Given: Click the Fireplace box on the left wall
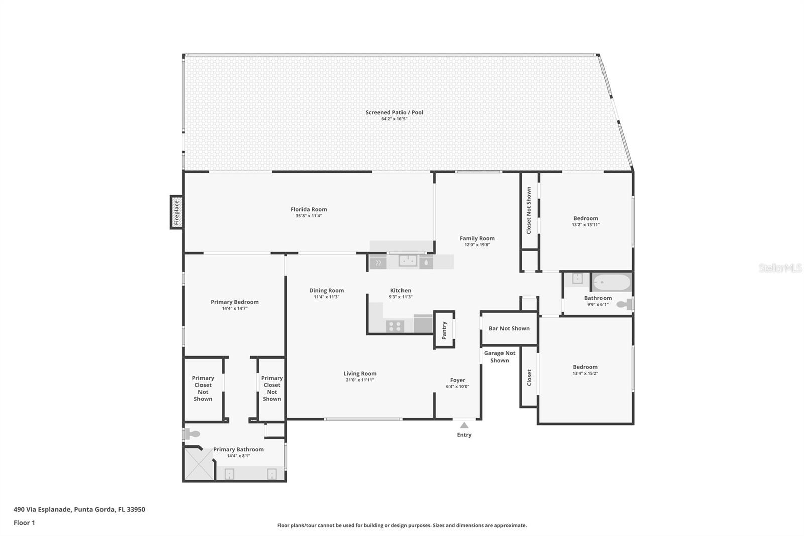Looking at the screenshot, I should point(176,212).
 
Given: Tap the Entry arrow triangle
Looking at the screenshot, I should point(464,426).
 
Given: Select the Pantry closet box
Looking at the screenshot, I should point(444,330).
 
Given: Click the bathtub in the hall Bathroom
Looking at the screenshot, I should point(611,282).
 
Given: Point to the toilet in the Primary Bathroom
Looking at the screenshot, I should point(193,434).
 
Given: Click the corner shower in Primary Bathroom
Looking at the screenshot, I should point(199,464).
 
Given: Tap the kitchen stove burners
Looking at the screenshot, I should point(395,326).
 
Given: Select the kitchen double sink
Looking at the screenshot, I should point(408,261).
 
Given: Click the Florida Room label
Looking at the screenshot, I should point(309,209).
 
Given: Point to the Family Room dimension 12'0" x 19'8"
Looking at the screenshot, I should point(477,245).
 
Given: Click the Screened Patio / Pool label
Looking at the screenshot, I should point(394,112).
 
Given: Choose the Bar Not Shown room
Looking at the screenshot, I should point(509,328).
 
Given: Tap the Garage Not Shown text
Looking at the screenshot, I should point(499,356).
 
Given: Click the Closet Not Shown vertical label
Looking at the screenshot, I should point(529,210).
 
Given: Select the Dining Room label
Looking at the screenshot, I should point(326,290).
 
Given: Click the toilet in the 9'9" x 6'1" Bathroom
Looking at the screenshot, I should point(623,304).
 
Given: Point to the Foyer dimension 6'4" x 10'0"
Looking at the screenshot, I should point(457,387).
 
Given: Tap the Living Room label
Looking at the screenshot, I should point(360,373).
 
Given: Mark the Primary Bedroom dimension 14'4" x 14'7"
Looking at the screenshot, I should point(234,308).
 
